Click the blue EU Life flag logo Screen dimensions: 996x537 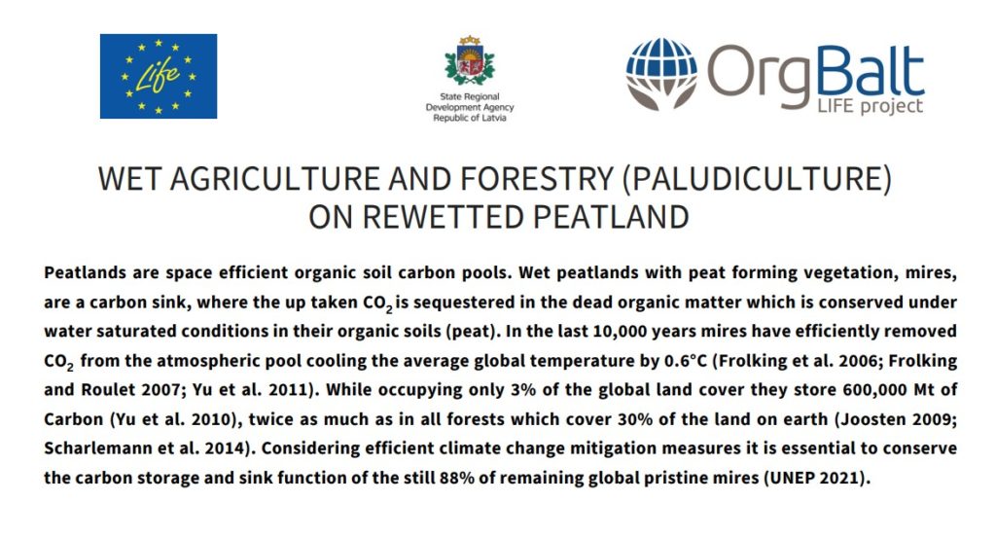tap(159, 76)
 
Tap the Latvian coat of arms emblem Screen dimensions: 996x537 tap(470, 61)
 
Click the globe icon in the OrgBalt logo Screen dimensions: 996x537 tap(661, 73)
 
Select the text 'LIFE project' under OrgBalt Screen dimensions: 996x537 tap(870, 105)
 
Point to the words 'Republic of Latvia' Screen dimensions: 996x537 tap(470, 118)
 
